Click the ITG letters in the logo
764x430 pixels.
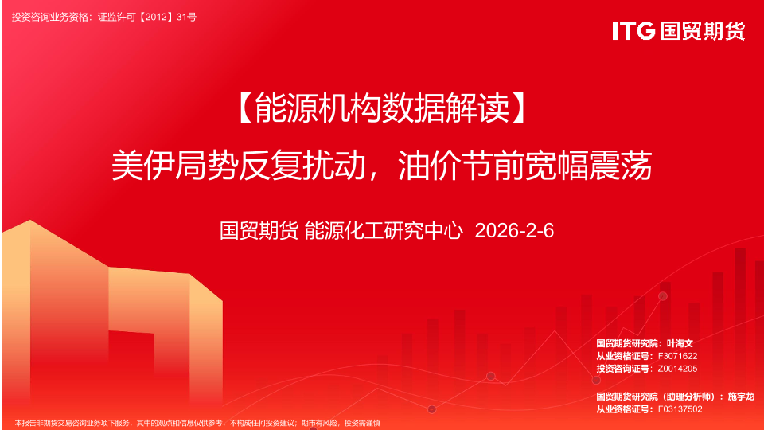point(633,31)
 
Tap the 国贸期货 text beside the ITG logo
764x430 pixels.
point(703,31)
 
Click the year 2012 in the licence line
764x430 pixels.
point(157,17)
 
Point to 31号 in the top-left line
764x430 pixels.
point(186,17)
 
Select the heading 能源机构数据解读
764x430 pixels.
point(382,107)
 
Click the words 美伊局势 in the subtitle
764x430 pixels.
point(175,166)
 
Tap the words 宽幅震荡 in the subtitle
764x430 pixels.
point(589,166)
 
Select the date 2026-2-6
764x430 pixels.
point(514,231)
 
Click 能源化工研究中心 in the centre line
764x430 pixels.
point(384,231)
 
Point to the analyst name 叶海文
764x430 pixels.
point(680,343)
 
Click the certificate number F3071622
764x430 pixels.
point(677,356)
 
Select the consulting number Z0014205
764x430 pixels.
point(677,369)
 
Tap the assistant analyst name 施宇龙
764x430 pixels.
point(741,397)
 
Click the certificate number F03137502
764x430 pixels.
point(680,409)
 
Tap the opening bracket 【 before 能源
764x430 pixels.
point(247,107)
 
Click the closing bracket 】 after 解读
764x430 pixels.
point(518,107)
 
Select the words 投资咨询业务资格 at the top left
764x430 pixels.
point(50,17)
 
